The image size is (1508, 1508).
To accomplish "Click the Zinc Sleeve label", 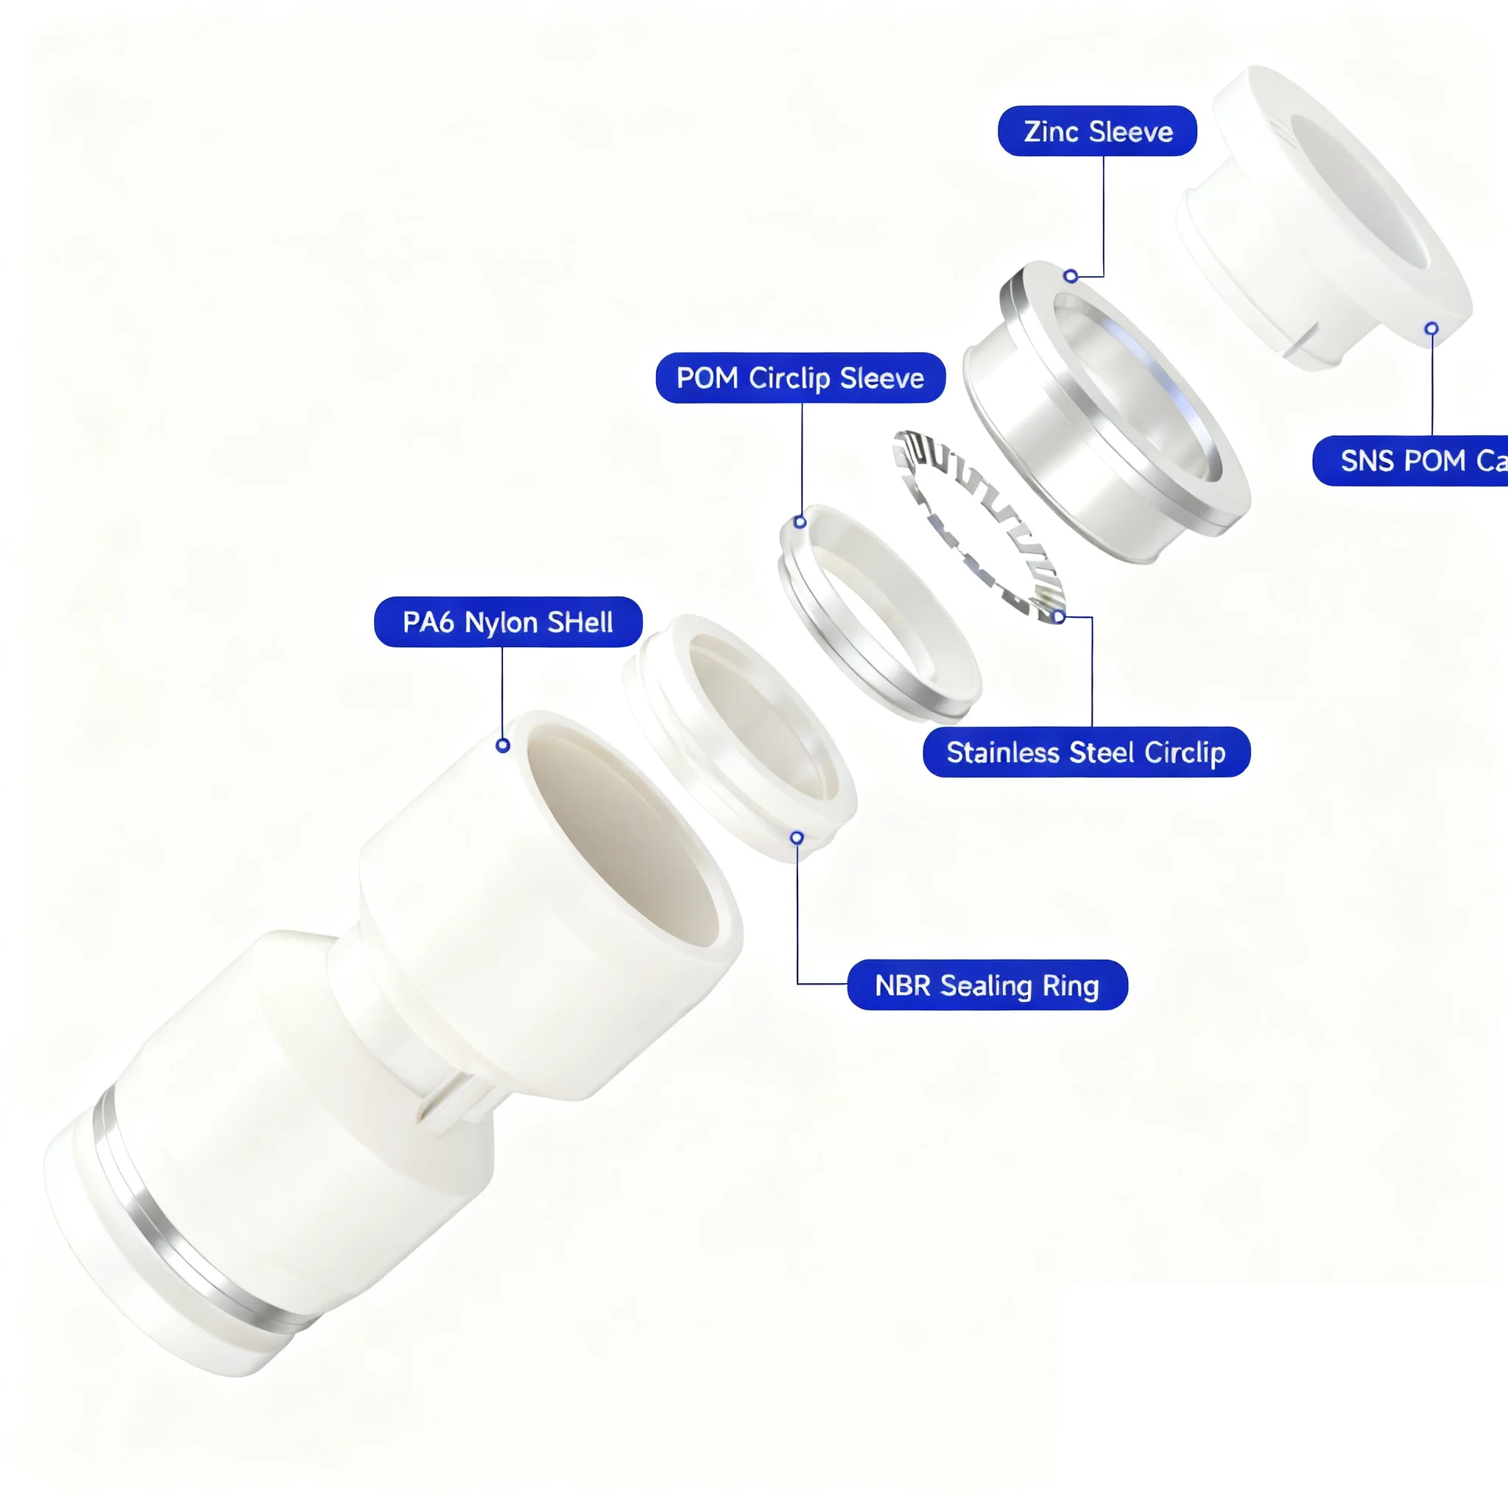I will (1096, 131).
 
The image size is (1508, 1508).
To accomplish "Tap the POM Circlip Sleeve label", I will (800, 378).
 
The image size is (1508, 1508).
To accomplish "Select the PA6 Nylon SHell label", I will (508, 622).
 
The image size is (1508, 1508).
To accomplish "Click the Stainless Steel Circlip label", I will (1086, 753).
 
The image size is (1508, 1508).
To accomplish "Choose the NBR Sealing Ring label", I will (987, 985).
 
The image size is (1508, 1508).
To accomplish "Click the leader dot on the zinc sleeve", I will (1071, 276).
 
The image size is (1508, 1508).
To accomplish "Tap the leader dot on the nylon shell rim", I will (503, 745).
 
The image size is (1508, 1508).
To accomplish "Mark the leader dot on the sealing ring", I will (797, 838).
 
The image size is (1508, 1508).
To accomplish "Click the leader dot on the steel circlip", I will (1057, 616).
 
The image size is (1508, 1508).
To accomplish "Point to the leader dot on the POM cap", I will (1431, 328).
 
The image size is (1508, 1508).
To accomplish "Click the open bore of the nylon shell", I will (616, 843).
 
